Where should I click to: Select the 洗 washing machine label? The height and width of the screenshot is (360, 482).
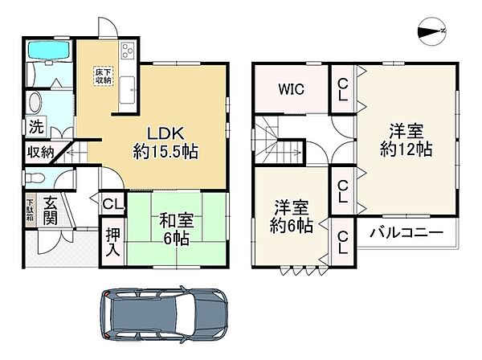37,127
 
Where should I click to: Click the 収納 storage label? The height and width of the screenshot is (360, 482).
41,151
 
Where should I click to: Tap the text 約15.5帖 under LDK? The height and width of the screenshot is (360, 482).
165,150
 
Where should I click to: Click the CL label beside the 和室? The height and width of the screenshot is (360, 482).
112,204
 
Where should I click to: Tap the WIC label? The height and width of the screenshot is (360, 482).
291,89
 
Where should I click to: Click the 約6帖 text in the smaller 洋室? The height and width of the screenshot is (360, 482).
291,225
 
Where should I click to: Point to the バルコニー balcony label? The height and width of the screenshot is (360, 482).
406,234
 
